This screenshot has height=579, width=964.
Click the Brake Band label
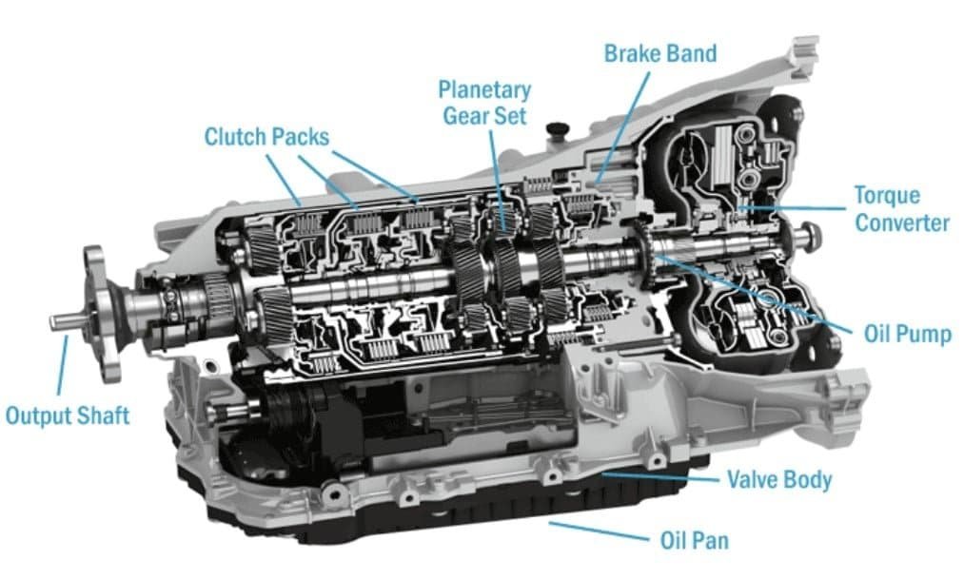click(660, 53)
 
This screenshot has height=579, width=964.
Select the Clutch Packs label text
click(266, 137)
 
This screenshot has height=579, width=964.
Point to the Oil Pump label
click(906, 334)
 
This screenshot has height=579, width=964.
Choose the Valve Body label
click(778, 478)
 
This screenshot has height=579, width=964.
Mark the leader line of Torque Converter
click(790, 207)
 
